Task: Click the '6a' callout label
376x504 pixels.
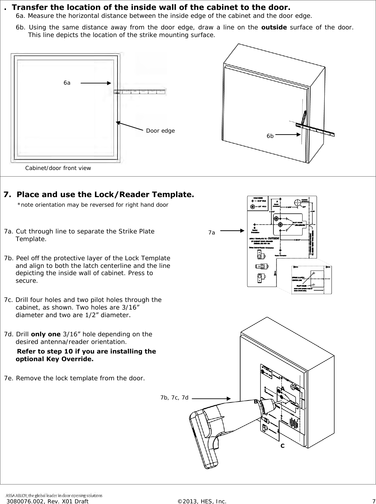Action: (67, 83)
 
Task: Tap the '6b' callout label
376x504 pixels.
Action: (270, 136)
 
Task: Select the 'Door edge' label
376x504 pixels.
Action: (160, 131)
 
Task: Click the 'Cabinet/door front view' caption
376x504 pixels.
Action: (58, 168)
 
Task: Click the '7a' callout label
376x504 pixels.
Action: (211, 233)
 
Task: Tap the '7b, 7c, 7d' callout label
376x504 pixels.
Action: (174, 398)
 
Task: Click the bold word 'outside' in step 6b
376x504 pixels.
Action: (274, 27)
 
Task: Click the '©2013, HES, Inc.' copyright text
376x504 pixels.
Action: (202, 501)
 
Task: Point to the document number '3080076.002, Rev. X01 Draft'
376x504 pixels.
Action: (47, 501)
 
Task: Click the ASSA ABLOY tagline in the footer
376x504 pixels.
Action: (54, 495)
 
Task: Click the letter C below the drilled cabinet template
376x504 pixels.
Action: (282, 445)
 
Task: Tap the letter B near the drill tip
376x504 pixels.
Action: (256, 402)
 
